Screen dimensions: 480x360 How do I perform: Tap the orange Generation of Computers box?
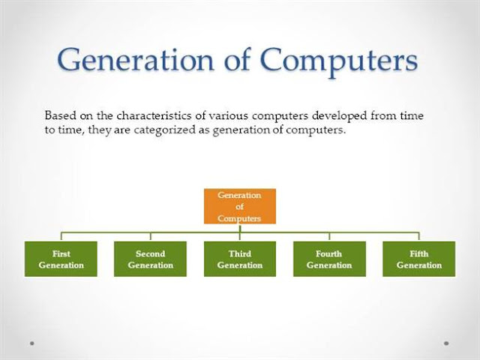239,206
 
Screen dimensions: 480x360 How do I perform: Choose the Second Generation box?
150,259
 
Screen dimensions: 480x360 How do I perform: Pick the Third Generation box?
239,259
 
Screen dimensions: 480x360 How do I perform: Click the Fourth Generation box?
329,259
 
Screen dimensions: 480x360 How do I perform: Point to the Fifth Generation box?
418,259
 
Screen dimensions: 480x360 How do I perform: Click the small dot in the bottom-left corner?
32,343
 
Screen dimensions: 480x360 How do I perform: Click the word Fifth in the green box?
418,253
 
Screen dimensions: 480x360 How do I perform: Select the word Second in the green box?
150,253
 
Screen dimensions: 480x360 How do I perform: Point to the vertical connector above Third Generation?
239,235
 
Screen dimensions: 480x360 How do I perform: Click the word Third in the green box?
239,253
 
